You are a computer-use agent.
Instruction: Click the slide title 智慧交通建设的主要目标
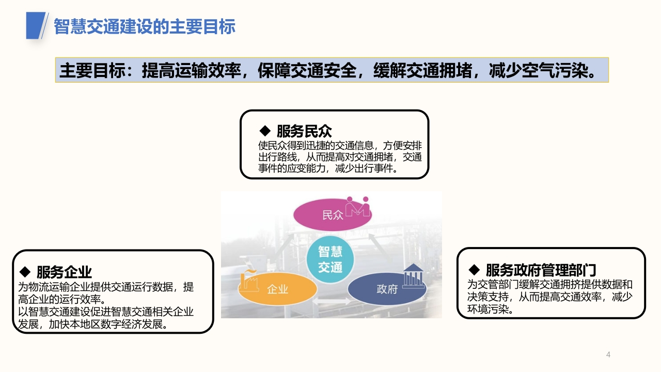point(145,26)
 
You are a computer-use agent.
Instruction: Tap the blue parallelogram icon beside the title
point(36,25)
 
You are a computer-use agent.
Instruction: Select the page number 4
point(608,354)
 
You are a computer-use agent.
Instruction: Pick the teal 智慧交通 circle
point(330,259)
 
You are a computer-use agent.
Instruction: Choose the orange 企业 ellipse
point(277,289)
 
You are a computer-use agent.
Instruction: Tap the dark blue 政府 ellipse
point(387,289)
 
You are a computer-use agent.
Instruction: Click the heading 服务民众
point(304,131)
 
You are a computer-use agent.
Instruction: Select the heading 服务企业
point(64,272)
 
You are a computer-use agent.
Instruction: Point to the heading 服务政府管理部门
point(541,270)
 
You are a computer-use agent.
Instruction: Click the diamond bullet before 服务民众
point(265,131)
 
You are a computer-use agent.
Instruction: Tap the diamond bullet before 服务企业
point(25,272)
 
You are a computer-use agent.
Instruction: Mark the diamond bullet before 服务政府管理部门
point(474,269)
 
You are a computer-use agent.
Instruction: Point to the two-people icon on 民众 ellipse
point(358,206)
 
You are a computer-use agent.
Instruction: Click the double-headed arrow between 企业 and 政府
point(332,301)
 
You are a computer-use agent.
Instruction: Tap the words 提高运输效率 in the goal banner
point(191,71)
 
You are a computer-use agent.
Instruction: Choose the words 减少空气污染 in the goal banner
point(538,71)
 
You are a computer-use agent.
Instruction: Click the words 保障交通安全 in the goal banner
point(307,71)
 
